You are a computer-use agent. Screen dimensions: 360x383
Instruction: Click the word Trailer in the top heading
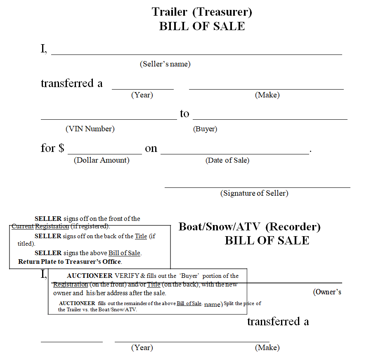[x=170, y=12]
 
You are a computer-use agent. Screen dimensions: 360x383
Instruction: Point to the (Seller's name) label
[x=165, y=64]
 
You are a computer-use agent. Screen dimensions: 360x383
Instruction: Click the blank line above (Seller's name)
[x=196, y=54]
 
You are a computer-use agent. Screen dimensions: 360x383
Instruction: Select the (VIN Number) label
[x=90, y=129]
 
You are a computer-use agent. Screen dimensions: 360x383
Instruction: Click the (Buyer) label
[x=205, y=129]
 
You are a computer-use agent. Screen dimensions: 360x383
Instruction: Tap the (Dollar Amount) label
[x=102, y=160]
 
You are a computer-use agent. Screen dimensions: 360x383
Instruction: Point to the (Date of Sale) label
[x=227, y=160]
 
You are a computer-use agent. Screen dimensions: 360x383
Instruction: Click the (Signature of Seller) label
[x=254, y=193]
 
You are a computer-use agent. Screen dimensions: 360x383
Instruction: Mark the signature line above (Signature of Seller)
[x=257, y=187]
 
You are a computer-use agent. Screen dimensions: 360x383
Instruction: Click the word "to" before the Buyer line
[x=184, y=114]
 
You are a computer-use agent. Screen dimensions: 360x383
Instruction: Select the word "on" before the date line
[x=151, y=148]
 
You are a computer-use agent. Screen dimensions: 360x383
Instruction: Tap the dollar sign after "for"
[x=61, y=148]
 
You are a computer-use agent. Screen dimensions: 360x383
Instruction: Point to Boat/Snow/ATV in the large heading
[x=220, y=227]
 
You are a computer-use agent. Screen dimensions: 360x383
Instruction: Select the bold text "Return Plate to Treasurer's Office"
[x=70, y=262]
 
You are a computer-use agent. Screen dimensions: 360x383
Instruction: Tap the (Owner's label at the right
[x=327, y=292]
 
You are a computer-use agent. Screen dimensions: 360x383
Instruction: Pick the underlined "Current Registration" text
[x=40, y=226]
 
